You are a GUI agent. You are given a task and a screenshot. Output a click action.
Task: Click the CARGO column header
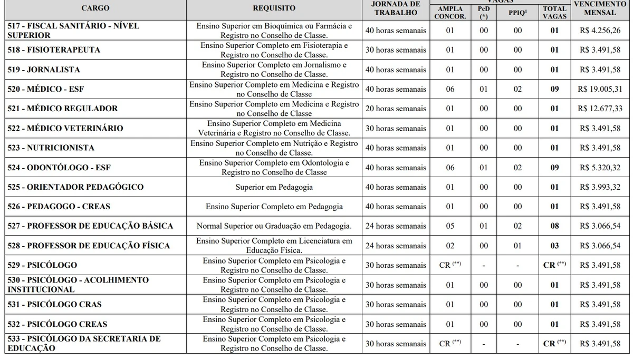(x=95, y=8)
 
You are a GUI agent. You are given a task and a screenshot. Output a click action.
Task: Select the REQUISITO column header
(x=274, y=8)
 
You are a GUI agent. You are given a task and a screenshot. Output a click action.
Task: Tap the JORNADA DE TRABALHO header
(x=396, y=8)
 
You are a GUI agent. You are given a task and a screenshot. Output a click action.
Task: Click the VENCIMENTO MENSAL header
(x=600, y=8)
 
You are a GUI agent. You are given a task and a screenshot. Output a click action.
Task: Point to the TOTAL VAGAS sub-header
(x=554, y=12)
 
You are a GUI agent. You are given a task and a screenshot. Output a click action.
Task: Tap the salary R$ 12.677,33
(x=600, y=109)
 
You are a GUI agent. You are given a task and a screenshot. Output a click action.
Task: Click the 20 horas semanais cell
(x=396, y=109)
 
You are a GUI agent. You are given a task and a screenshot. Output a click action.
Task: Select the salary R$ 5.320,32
(x=600, y=168)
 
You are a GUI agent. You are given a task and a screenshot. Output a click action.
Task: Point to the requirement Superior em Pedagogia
(x=274, y=187)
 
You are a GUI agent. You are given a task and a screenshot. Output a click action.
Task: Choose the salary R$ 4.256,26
(x=600, y=31)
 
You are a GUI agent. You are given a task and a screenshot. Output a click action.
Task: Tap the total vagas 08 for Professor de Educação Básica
(x=554, y=226)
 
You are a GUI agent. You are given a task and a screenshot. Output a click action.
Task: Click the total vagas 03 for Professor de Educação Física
(x=554, y=246)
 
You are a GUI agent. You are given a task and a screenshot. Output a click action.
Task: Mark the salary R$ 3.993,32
(x=600, y=187)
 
